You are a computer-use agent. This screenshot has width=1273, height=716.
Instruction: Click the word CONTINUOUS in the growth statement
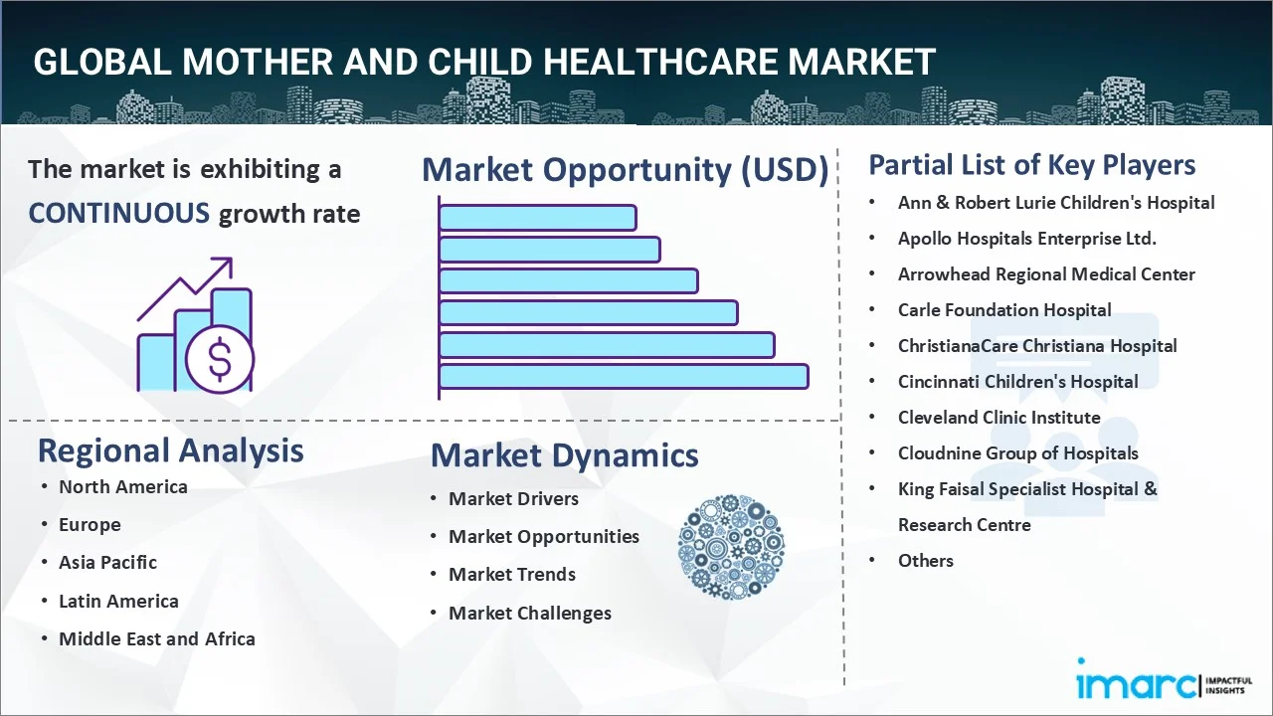(x=119, y=214)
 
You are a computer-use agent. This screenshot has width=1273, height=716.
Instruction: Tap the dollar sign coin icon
(x=220, y=360)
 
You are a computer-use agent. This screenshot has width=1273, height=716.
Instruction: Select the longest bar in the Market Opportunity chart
(x=624, y=377)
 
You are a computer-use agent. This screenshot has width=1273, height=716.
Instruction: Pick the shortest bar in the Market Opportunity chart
(x=538, y=218)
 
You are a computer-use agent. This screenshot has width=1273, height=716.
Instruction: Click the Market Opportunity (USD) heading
(x=626, y=169)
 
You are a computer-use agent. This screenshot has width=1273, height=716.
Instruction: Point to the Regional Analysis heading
(x=170, y=450)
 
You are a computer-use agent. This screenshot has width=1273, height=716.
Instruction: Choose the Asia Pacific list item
(x=108, y=562)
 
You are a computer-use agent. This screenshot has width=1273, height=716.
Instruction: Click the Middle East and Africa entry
(x=157, y=638)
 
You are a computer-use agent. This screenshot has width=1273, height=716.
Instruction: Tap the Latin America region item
(x=118, y=601)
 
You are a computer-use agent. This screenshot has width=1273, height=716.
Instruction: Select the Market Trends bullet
(x=512, y=575)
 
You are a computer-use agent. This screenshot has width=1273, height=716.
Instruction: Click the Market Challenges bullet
(x=530, y=614)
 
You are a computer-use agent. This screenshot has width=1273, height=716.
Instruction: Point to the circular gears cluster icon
(x=731, y=547)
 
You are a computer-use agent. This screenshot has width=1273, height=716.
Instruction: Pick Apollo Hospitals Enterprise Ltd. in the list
(x=1027, y=239)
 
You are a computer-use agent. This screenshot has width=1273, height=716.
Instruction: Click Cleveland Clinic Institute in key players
(x=1000, y=418)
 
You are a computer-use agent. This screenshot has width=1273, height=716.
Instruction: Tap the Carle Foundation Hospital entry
(x=1004, y=310)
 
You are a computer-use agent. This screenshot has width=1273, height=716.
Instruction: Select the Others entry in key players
(x=926, y=561)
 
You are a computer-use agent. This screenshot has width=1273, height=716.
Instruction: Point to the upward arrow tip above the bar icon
(x=232, y=260)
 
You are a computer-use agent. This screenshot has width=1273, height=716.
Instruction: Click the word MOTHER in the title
(x=258, y=62)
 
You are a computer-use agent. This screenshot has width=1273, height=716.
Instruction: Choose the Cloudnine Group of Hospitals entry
(x=1017, y=453)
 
